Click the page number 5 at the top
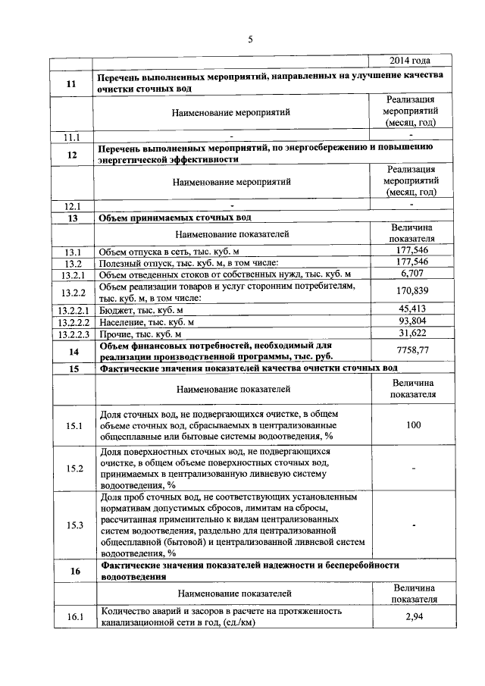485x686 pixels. tap(250, 40)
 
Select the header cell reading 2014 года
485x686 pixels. tap(410, 61)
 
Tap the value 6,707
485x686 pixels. tap(412, 273)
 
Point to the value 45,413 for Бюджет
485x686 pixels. tap(412, 309)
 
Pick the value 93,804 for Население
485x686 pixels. tap(412, 321)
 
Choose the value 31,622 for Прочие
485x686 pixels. tap(412, 334)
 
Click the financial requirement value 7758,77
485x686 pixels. tap(412, 350)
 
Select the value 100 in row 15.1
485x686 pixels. tap(412, 425)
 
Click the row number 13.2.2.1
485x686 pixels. tap(73, 309)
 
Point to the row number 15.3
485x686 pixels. tap(74, 525)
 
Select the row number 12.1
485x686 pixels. tap(73, 205)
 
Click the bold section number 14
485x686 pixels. tap(74, 351)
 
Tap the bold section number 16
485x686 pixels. tap(74, 571)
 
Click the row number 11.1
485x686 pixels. tap(73, 136)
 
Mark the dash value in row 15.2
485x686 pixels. tap(412, 468)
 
